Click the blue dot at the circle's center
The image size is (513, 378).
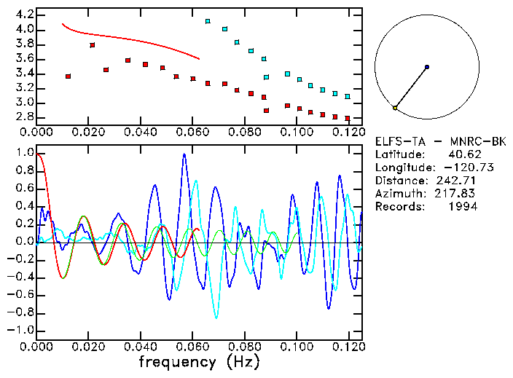coord(427,67)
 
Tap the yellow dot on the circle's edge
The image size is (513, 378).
coord(395,108)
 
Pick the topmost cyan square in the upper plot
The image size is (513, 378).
coord(208,22)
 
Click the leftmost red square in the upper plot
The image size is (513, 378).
coord(68,76)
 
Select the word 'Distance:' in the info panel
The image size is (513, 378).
coord(400,181)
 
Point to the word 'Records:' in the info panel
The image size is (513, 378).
coord(398,207)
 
